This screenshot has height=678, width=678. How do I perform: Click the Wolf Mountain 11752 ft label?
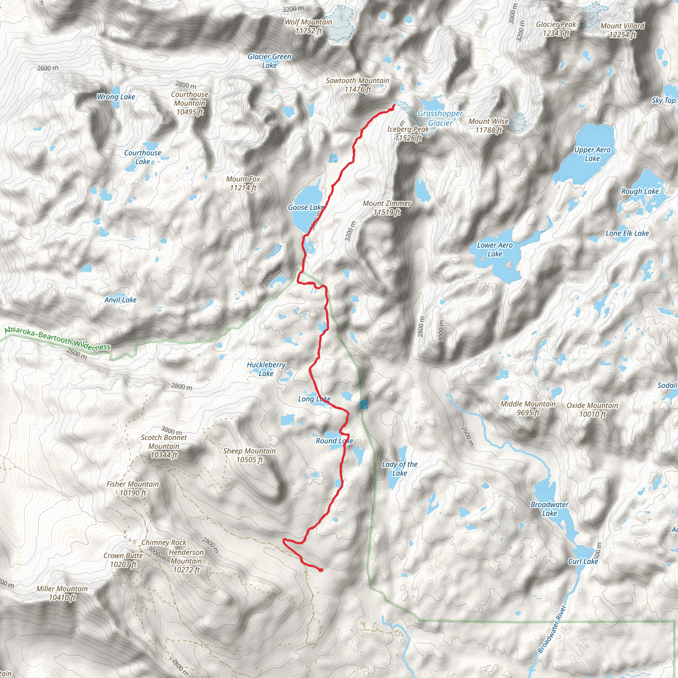308,26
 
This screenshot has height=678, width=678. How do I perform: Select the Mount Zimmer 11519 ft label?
386,208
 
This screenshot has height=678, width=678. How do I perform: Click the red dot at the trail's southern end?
321,570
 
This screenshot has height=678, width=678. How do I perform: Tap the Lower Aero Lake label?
495,249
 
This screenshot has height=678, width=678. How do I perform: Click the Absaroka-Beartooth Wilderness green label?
58,339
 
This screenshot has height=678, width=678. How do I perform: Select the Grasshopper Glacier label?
440,118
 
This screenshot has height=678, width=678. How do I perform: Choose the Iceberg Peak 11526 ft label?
408,133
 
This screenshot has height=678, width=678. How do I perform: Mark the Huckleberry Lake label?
266,369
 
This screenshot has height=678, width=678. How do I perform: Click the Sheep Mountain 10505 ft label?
249,455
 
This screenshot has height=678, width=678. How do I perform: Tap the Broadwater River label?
552,629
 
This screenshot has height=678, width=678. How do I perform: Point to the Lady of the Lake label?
399,468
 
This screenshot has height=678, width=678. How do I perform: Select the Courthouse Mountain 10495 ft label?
189,103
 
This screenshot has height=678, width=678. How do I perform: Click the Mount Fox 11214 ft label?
243,183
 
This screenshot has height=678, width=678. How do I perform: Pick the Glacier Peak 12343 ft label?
556,28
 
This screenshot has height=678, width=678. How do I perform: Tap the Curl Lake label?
583,561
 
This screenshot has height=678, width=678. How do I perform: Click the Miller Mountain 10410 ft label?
62,593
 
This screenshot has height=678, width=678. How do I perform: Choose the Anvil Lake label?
121,300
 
